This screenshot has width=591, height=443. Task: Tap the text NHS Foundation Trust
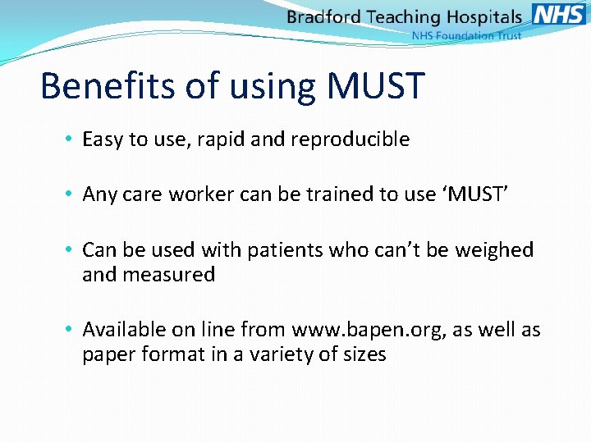pyautogui.click(x=465, y=36)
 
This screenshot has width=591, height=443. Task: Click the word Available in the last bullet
pyautogui.click(x=123, y=330)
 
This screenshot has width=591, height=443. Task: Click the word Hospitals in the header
pyautogui.click(x=484, y=17)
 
